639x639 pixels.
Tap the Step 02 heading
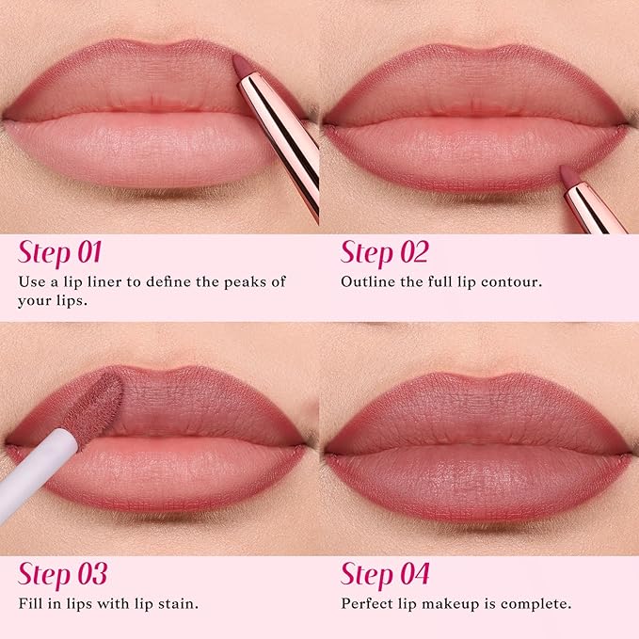(x=384, y=253)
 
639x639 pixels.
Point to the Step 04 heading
(x=385, y=574)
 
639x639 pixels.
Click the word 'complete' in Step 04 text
(x=534, y=602)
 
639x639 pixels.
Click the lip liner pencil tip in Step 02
(x=568, y=175)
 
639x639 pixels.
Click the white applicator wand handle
(x=33, y=475)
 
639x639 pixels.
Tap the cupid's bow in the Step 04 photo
(x=479, y=377)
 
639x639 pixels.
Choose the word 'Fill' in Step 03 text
(x=31, y=602)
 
